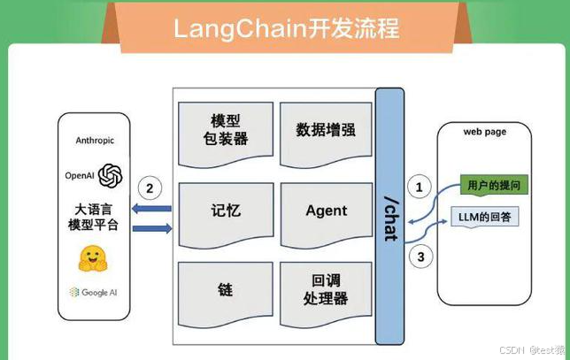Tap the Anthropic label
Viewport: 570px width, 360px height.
coord(95,140)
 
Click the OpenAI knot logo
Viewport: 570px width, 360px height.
coord(110,175)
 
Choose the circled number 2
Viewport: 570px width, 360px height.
coord(150,188)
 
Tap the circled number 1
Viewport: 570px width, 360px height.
coord(420,188)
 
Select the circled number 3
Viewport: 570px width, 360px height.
coord(420,257)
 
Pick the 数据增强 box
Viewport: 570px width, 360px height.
coord(326,130)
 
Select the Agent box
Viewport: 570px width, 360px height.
coord(326,211)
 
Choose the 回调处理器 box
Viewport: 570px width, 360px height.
coord(326,290)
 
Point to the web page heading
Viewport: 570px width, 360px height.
coord(484,132)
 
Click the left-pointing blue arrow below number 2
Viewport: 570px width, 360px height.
coord(152,209)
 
